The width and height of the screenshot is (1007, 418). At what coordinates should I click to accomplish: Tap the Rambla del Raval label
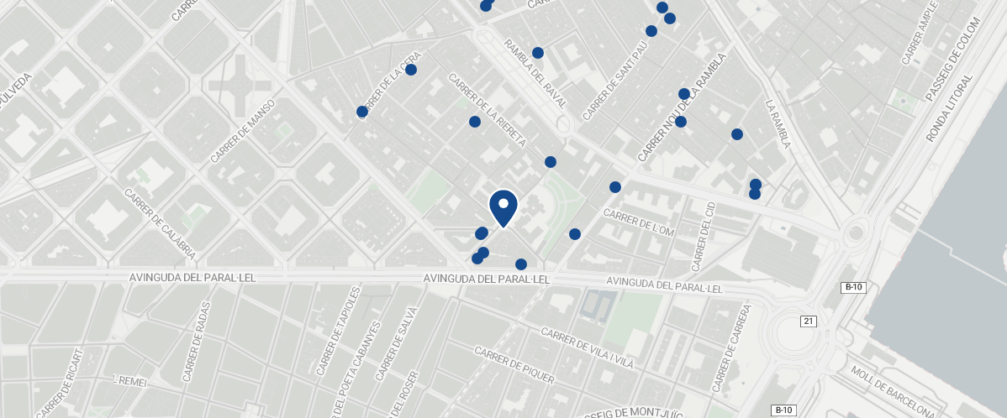click(535, 79)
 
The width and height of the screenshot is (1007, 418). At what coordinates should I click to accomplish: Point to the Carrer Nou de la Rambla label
click(681, 107)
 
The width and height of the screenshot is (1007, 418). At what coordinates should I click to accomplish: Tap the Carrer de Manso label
click(244, 130)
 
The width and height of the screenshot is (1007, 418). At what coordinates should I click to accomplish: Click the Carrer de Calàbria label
click(160, 222)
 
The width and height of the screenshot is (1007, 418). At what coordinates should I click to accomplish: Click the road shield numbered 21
click(809, 321)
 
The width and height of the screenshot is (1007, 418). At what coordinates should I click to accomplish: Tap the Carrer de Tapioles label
click(339, 332)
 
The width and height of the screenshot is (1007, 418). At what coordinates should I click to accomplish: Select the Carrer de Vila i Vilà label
click(588, 348)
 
